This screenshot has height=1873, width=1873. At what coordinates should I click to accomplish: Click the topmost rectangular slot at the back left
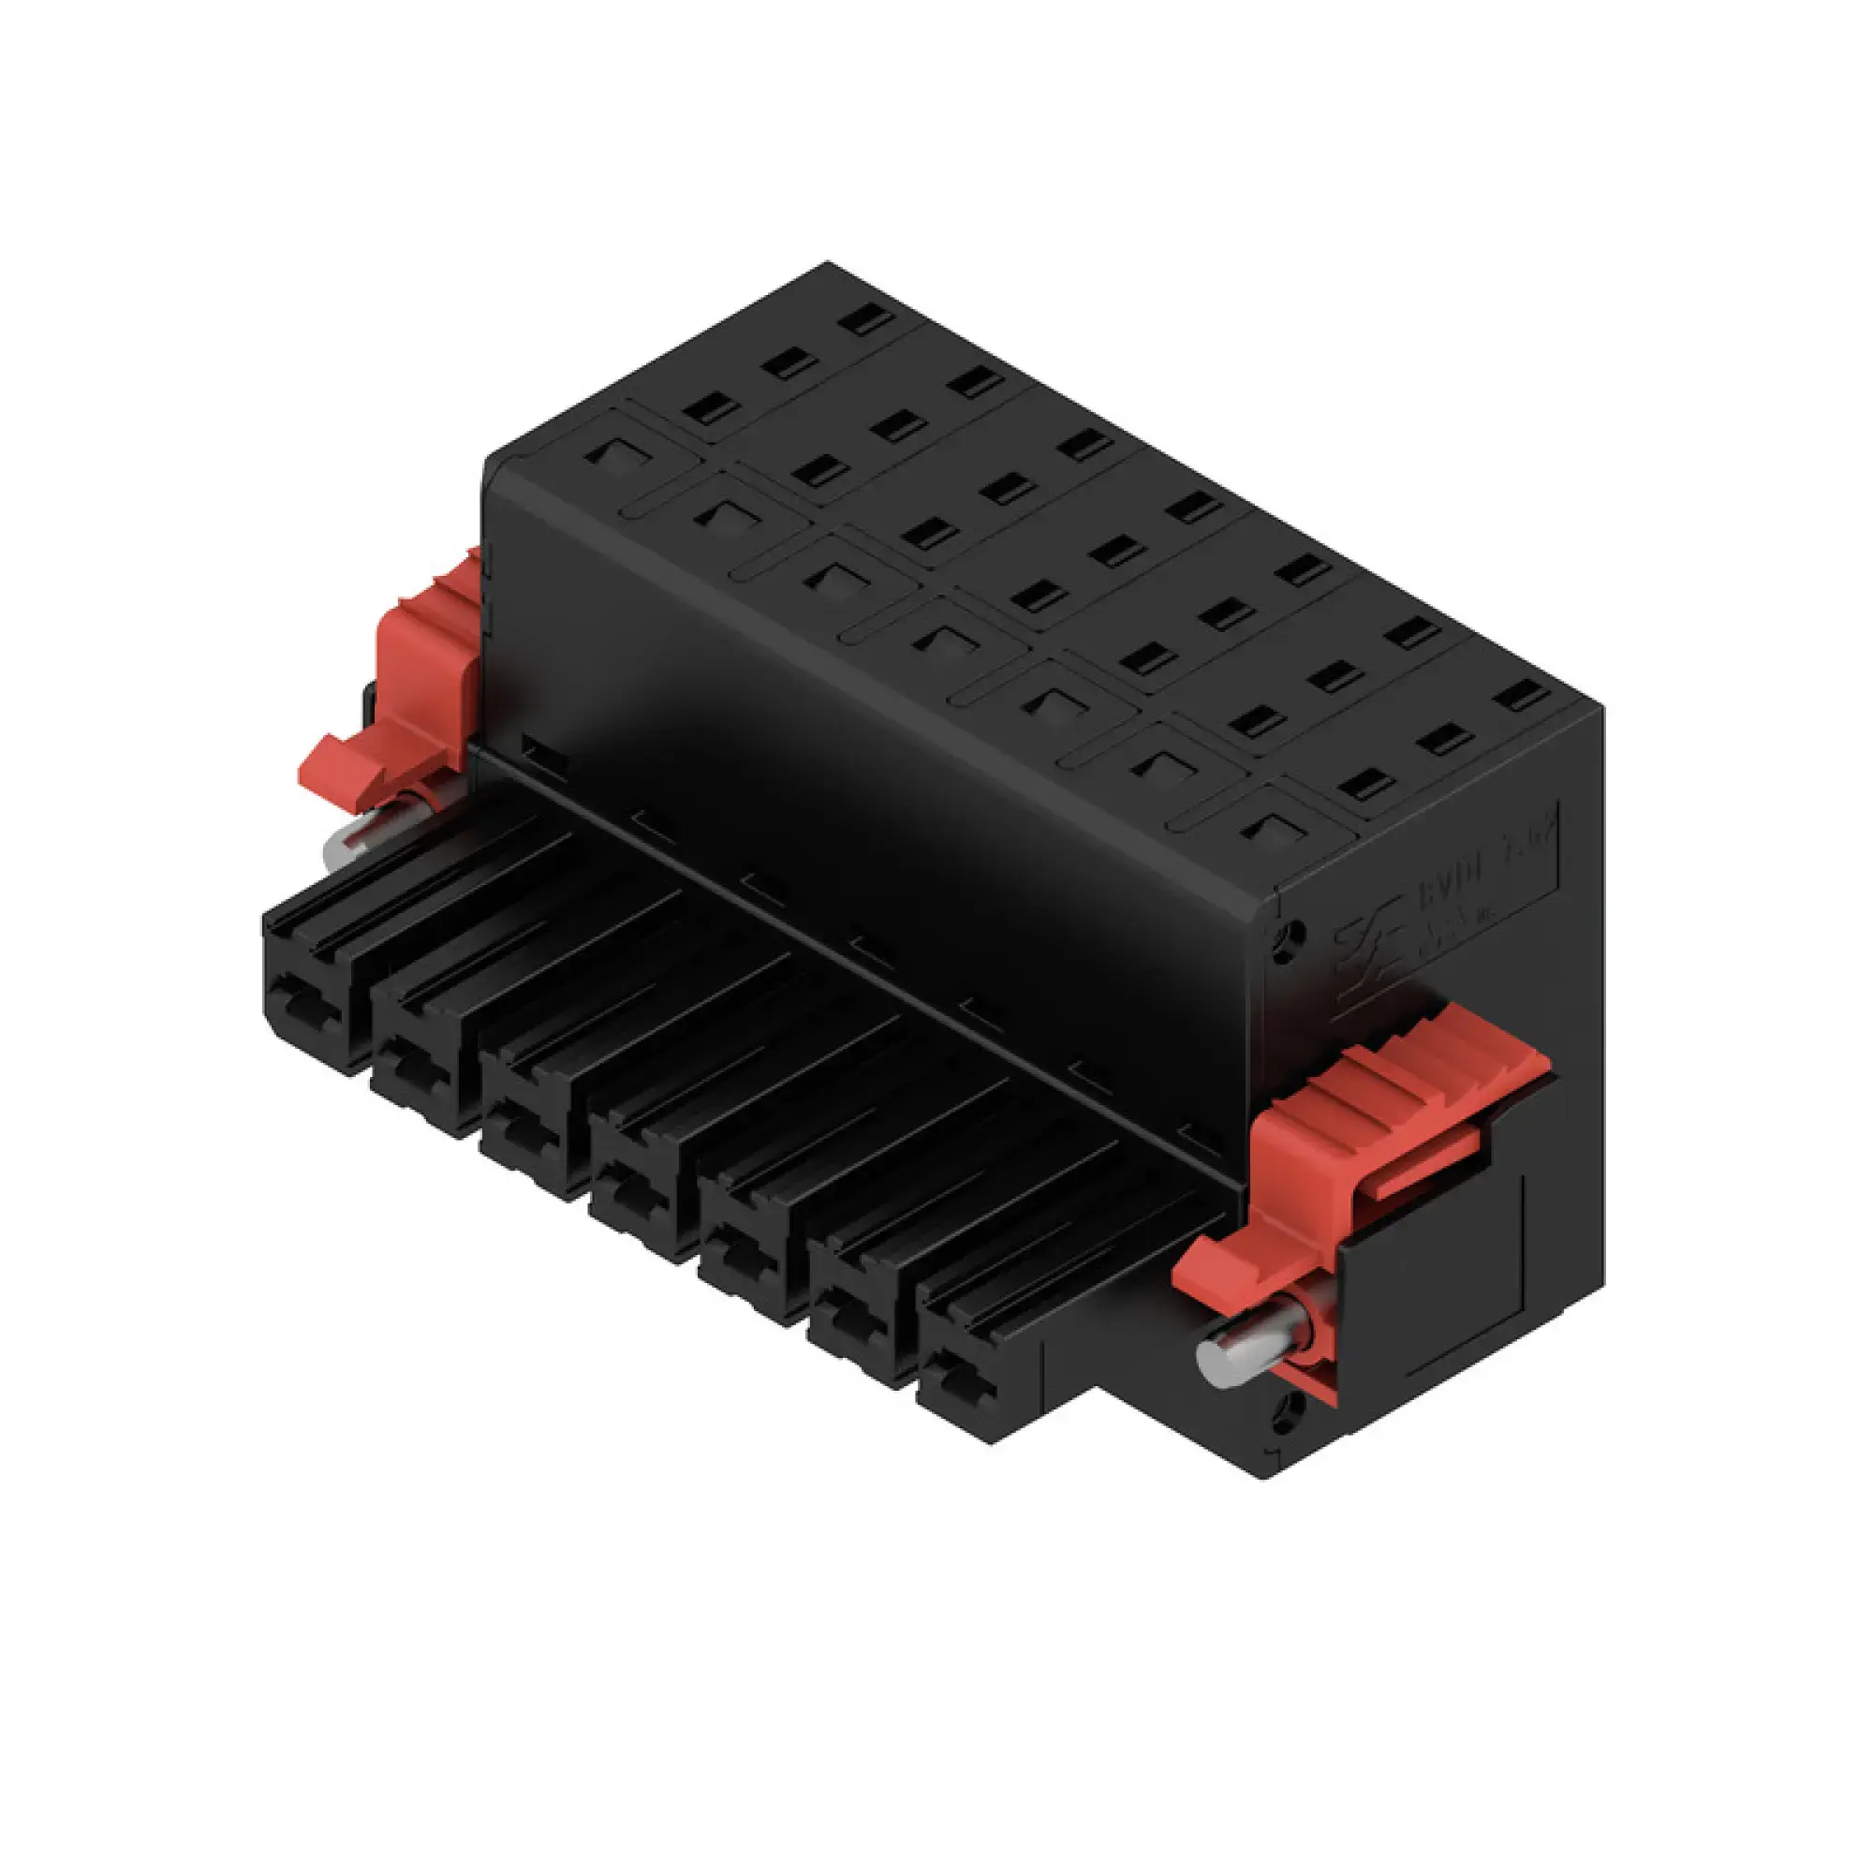pyautogui.click(x=866, y=320)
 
